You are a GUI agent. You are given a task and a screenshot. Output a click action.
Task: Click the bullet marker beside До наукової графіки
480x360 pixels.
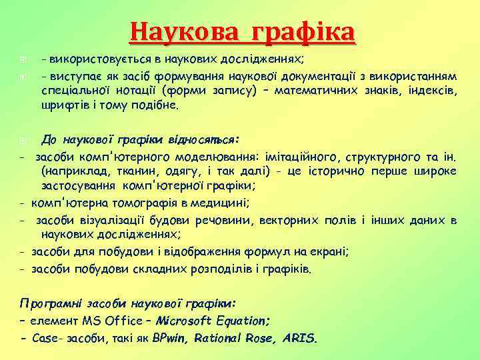coord(23,141)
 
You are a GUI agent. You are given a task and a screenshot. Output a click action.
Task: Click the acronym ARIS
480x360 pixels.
coord(301,337)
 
